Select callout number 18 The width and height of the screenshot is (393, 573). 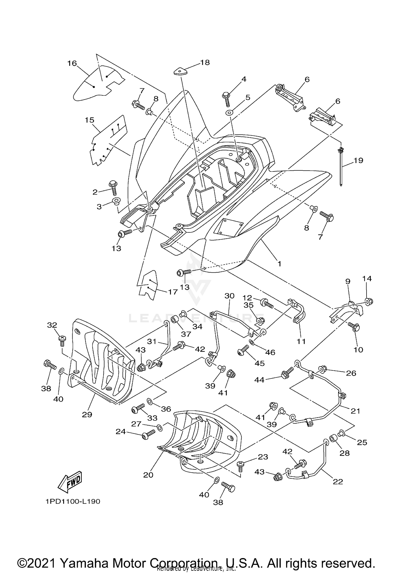click(x=205, y=62)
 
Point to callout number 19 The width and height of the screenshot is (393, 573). click(x=358, y=160)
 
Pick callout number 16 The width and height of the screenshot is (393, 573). click(x=72, y=63)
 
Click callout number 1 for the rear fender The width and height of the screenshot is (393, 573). click(x=279, y=263)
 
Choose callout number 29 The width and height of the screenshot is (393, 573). click(x=87, y=414)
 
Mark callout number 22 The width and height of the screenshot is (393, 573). click(x=337, y=482)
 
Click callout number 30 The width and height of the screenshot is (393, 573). click(x=230, y=296)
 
